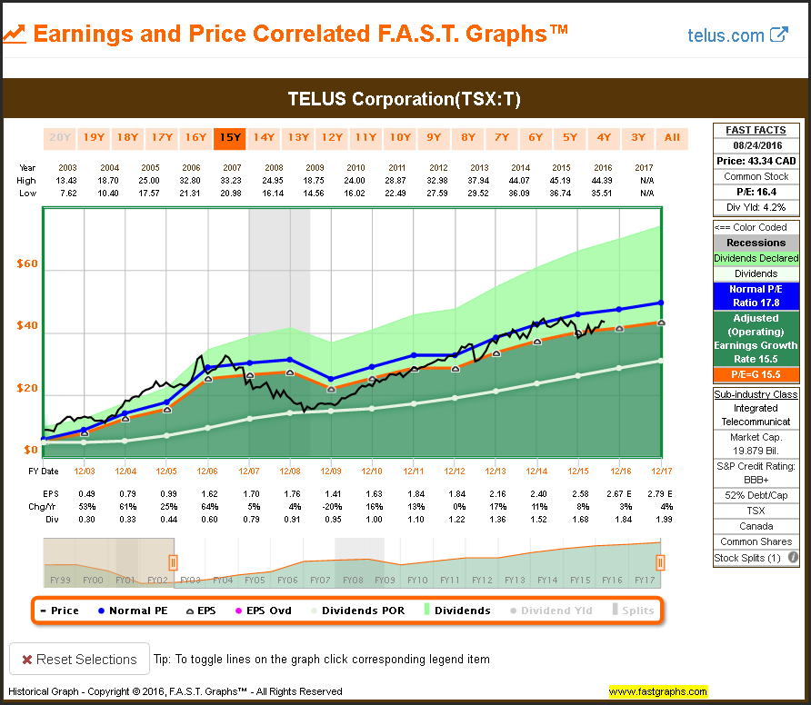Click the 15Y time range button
(230, 138)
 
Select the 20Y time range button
(60, 138)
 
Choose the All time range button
(672, 138)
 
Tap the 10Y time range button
(400, 138)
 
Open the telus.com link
(737, 35)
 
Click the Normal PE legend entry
(133, 611)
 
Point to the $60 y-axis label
(26, 264)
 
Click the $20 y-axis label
(26, 389)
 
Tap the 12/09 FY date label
(330, 471)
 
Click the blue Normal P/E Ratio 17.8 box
(756, 296)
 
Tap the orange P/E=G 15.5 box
(756, 374)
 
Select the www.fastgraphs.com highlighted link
(658, 692)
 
